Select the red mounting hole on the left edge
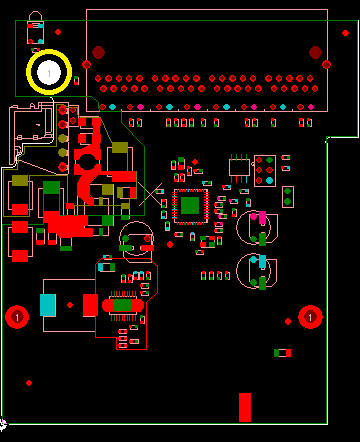tap(16, 317)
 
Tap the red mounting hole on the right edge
tap(310, 317)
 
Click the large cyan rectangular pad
tap(47, 305)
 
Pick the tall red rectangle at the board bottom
tap(245, 406)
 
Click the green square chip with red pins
tap(190, 206)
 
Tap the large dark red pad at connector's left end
tap(98, 52)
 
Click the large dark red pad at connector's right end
tap(316, 52)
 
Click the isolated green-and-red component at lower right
tap(283, 353)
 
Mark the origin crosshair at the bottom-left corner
tap(3, 424)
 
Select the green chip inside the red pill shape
tap(122, 305)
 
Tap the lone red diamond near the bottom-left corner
tap(30, 383)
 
